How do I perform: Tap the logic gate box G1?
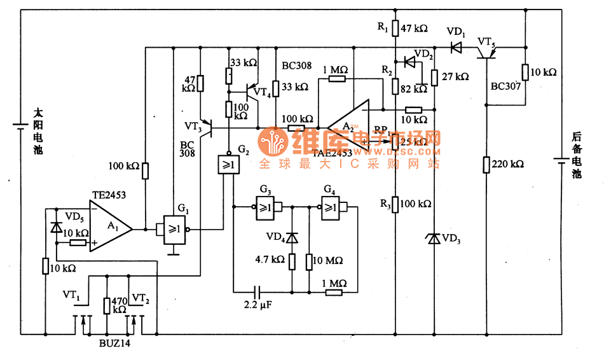pyautogui.click(x=174, y=229)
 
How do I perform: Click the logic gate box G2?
pyautogui.click(x=227, y=165)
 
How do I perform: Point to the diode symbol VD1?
pyautogui.click(x=456, y=46)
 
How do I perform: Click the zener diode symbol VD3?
pyautogui.click(x=434, y=239)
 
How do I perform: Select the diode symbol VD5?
pyautogui.click(x=56, y=227)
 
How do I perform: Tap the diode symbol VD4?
pyautogui.click(x=292, y=238)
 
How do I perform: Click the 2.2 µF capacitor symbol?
pyautogui.click(x=256, y=292)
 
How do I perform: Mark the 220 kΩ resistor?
pyautogui.click(x=486, y=165)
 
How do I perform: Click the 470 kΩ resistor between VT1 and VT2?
pyautogui.click(x=106, y=305)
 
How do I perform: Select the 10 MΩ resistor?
pyautogui.click(x=309, y=261)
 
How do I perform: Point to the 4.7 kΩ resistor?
pyautogui.click(x=292, y=261)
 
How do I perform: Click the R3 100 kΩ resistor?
pyautogui.click(x=395, y=204)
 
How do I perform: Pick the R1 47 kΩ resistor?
pyautogui.click(x=395, y=29)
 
